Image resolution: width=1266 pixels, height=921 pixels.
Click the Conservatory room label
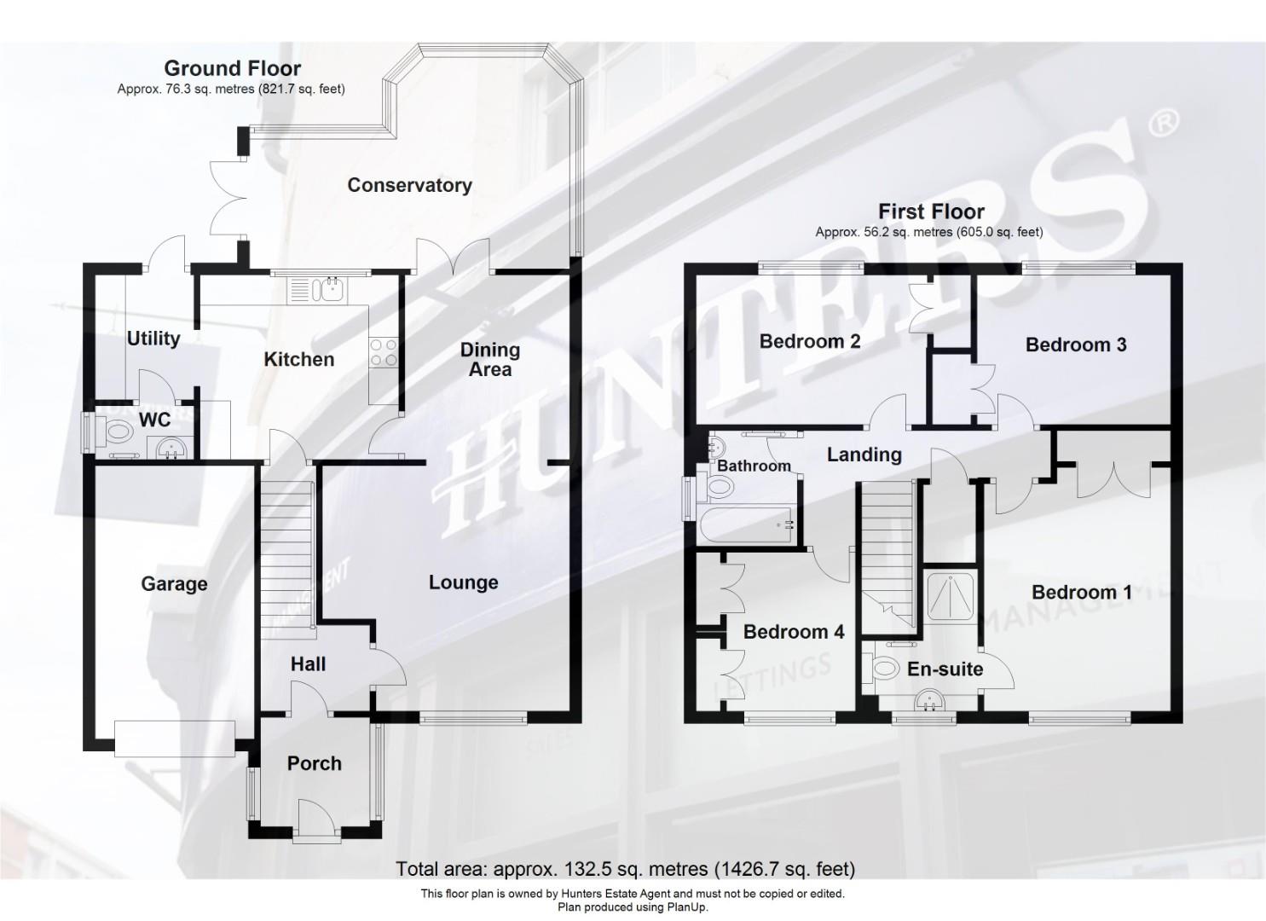coord(409,185)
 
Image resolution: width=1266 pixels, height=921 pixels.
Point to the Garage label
coord(174,584)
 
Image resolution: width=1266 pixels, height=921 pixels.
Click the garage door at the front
coord(174,737)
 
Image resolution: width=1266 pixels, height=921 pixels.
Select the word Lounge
coord(463,582)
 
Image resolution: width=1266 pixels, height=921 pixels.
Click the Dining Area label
coord(489,359)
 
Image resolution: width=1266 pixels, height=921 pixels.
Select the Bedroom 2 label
coord(809,341)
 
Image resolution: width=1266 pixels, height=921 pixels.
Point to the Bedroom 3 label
coord(1075,345)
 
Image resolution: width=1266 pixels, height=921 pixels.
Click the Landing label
coord(864,455)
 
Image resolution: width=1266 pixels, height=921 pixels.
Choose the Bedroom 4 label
coord(793,632)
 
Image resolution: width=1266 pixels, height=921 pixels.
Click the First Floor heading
coord(931,211)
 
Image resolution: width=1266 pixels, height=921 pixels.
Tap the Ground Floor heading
coord(232,68)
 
